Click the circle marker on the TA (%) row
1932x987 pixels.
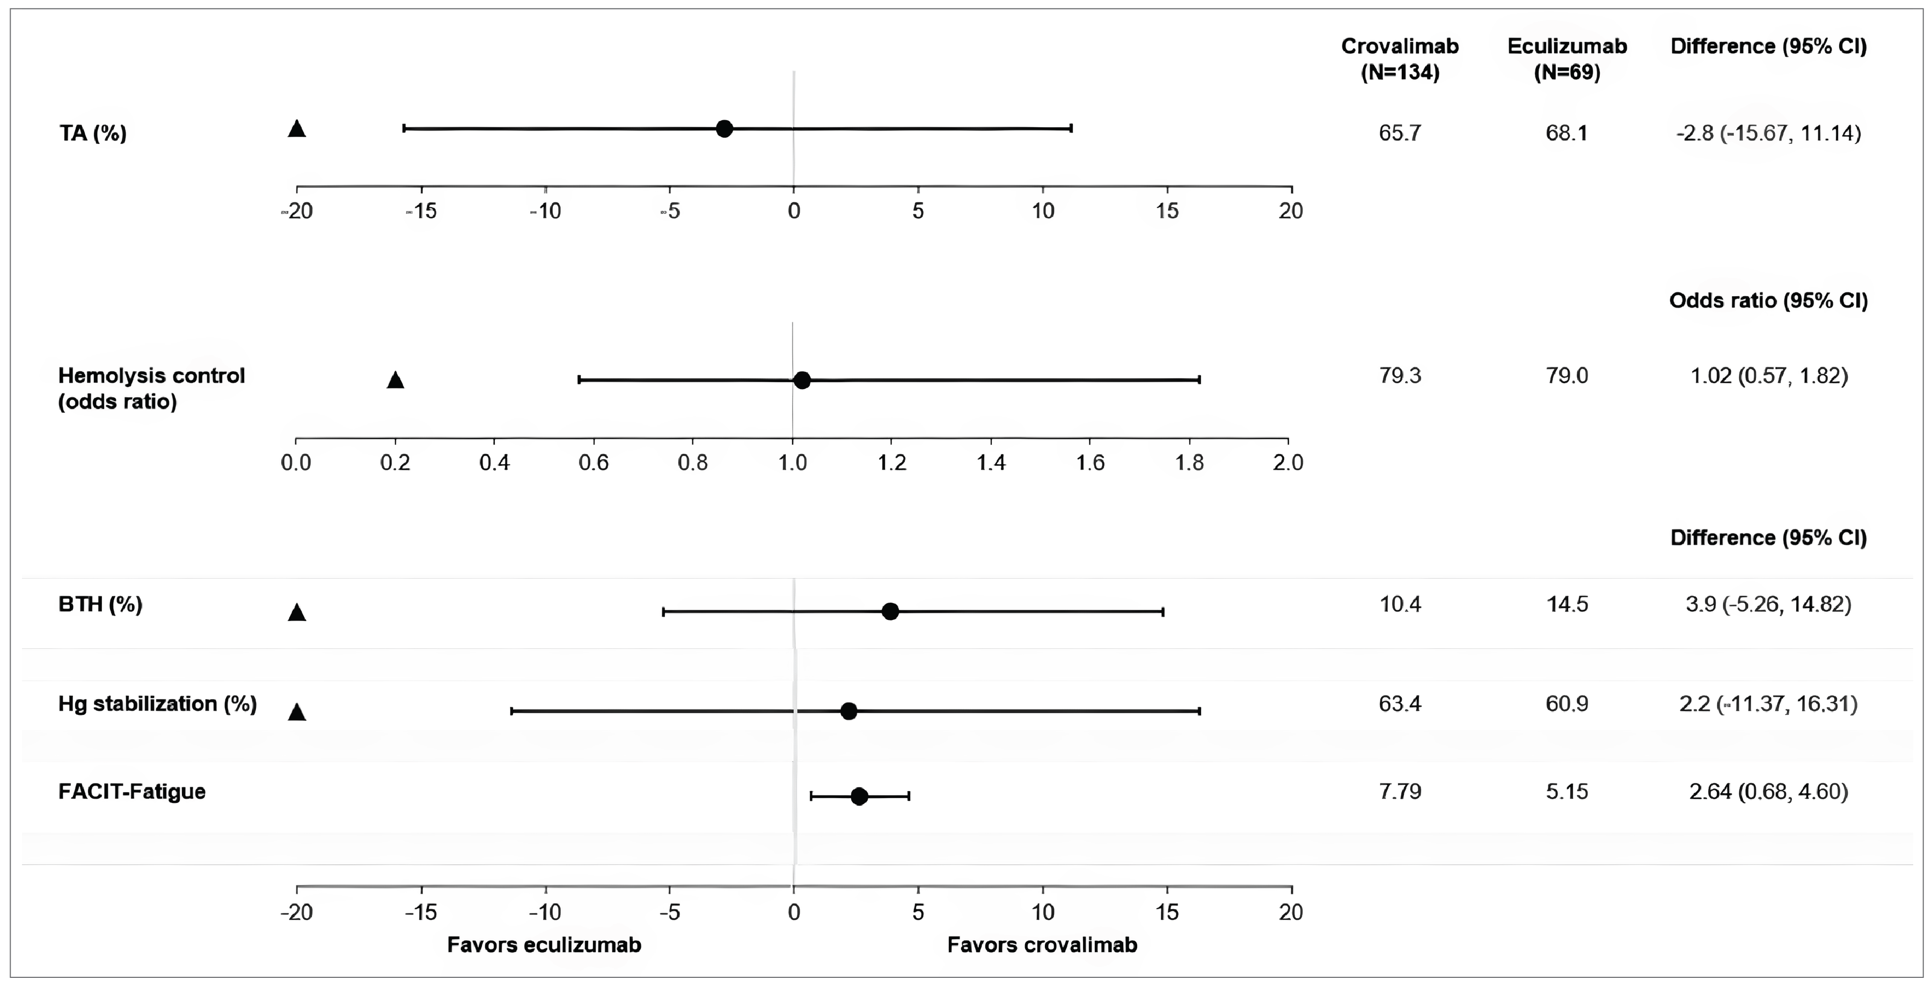(724, 128)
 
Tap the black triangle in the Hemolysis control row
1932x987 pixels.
(395, 380)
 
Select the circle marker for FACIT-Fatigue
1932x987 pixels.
(860, 796)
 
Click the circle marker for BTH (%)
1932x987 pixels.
(890, 611)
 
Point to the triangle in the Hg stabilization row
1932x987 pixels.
(297, 712)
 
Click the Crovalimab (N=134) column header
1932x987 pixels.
(1400, 59)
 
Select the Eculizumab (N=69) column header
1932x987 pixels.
(1567, 59)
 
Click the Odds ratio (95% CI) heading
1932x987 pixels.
(1768, 301)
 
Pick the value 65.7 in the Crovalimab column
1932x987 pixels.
(1400, 134)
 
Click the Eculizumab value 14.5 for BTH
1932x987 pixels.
(1567, 604)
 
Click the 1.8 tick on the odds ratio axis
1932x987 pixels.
(1189, 462)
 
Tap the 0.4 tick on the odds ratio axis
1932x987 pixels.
(494, 462)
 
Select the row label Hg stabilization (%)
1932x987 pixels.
(157, 704)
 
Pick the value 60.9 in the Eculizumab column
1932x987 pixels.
(1567, 704)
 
